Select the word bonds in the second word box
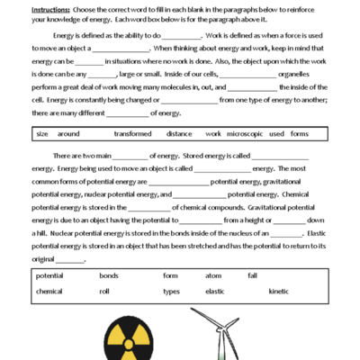point(108,274)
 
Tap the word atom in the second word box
point(213,274)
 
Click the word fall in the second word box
point(253,274)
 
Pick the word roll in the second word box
point(104,291)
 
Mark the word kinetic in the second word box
point(279,291)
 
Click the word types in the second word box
point(171,291)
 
